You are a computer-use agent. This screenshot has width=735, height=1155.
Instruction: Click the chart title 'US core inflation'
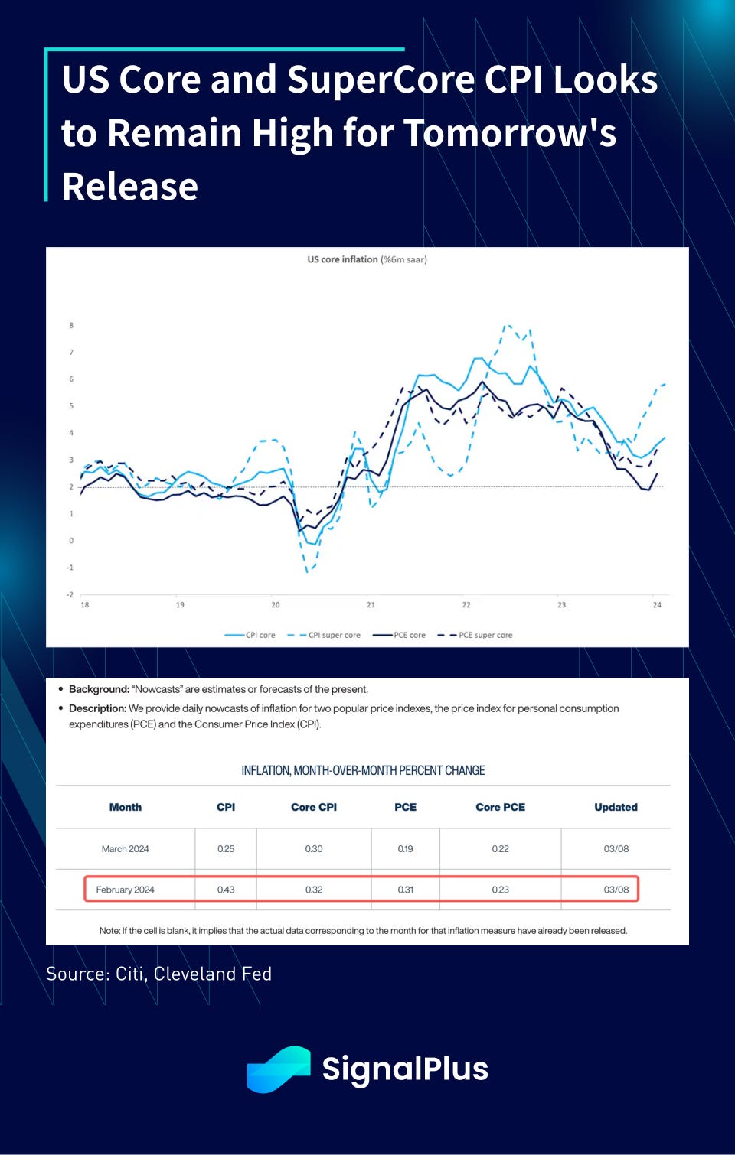pyautogui.click(x=342, y=259)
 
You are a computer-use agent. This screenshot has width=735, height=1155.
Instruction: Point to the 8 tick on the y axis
pyautogui.click(x=71, y=325)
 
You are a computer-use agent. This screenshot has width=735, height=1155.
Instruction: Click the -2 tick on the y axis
pyautogui.click(x=70, y=594)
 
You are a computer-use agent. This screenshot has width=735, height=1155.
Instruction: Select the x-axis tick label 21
pyautogui.click(x=371, y=605)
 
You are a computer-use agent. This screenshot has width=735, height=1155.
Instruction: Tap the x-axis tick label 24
pyautogui.click(x=657, y=605)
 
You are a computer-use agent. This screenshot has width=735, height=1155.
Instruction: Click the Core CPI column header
pyautogui.click(x=314, y=807)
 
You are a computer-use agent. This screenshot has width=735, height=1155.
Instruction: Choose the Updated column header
pyautogui.click(x=616, y=807)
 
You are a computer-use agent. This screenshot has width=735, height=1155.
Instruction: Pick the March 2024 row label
pyautogui.click(x=125, y=848)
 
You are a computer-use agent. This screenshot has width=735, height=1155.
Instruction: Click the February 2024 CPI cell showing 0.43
pyautogui.click(x=226, y=890)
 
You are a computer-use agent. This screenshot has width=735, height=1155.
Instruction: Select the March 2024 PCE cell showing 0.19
pyautogui.click(x=405, y=848)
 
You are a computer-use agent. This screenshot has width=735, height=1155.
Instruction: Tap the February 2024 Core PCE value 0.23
pyautogui.click(x=500, y=890)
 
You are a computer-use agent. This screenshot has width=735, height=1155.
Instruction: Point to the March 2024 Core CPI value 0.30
pyautogui.click(x=314, y=848)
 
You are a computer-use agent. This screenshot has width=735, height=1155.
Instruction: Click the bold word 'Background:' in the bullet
pyautogui.click(x=98, y=689)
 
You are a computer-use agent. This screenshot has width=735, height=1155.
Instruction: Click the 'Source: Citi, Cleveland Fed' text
pyautogui.click(x=158, y=974)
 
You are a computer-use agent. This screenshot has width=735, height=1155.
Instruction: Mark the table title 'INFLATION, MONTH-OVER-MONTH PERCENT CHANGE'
pyautogui.click(x=363, y=770)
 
